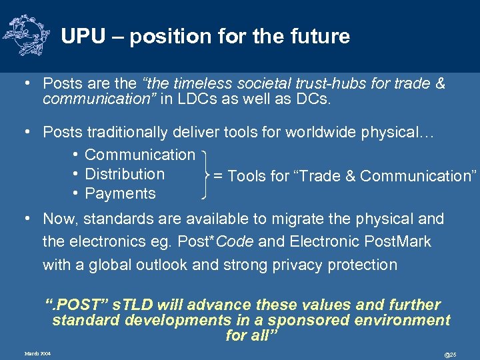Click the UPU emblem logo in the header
click(26, 35)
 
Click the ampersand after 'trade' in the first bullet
click(439, 84)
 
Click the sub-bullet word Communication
click(140, 155)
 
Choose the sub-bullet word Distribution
click(125, 174)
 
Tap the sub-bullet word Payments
click(120, 194)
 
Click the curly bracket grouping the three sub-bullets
click(206, 175)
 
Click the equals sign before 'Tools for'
click(217, 176)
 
